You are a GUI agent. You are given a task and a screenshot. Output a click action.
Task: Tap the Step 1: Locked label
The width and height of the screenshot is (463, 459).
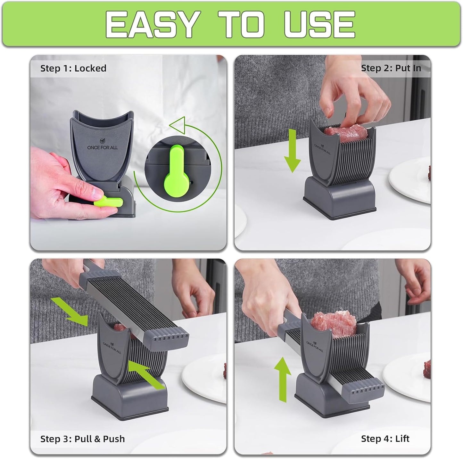pyautogui.click(x=73, y=68)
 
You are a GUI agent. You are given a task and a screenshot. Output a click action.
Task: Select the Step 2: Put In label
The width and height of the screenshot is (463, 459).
pyautogui.click(x=391, y=68)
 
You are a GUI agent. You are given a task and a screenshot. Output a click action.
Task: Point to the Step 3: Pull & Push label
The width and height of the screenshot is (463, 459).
pyautogui.click(x=82, y=439)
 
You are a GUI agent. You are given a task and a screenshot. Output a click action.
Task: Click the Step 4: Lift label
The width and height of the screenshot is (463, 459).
pyautogui.click(x=385, y=439)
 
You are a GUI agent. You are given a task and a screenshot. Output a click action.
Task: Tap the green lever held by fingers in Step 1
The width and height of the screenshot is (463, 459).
pyautogui.click(x=109, y=202)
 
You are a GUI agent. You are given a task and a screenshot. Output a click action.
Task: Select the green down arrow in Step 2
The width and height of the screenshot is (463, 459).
pyautogui.click(x=292, y=150)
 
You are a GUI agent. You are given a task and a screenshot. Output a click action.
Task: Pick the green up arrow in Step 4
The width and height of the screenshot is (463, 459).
pyautogui.click(x=282, y=379)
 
